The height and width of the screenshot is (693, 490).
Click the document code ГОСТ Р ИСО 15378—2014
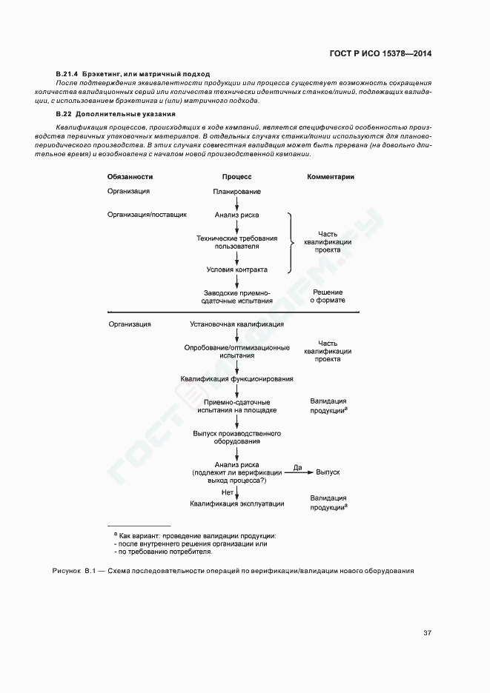coord(380,54)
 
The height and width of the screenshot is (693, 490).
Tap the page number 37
coord(427,632)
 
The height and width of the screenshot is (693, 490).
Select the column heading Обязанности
coord(130,177)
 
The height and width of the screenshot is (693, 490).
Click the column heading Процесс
coord(237,177)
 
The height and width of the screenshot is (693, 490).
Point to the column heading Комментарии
coord(331,177)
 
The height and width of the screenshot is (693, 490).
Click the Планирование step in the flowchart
coord(237,192)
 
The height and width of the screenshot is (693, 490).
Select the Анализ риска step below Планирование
coord(237,215)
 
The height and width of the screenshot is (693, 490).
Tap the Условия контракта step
coord(237,269)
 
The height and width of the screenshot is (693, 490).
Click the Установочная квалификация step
coord(236,324)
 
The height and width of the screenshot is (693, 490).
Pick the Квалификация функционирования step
coord(236,379)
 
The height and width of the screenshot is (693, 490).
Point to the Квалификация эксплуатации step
coord(237,504)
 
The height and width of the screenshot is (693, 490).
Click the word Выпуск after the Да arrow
coord(328,471)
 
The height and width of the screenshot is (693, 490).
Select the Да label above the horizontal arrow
coord(298,466)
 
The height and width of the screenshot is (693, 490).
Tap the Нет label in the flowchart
coord(228,492)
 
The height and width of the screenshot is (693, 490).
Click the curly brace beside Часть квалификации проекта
coord(291,242)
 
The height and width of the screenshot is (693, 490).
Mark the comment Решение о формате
coord(327,297)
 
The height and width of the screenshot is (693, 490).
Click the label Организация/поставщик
coord(147,215)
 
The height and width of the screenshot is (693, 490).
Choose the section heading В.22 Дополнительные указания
coord(115,115)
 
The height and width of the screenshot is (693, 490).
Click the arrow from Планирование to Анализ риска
coord(237,203)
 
